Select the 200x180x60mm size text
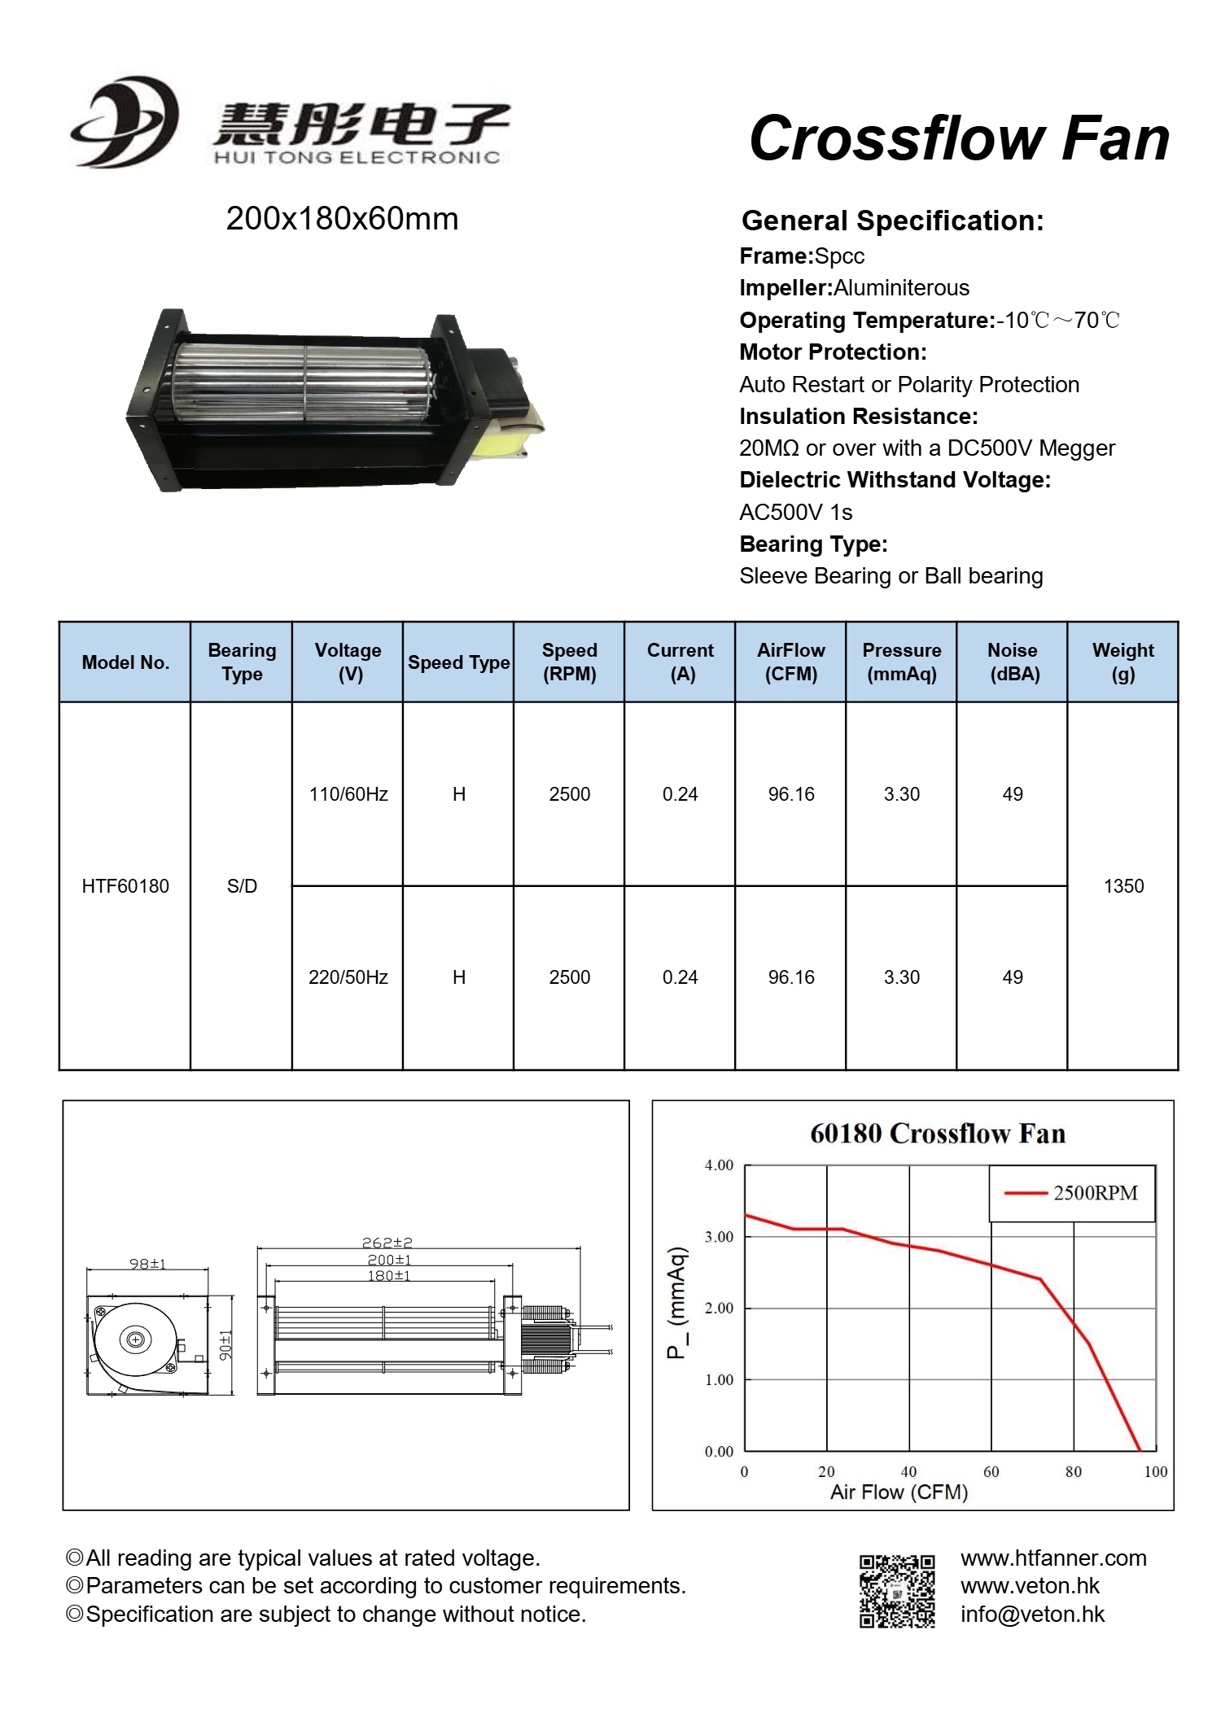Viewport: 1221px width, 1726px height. pyautogui.click(x=342, y=219)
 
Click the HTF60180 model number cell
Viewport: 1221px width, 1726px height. pyautogui.click(x=125, y=886)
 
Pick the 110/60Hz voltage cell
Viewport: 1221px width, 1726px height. pyautogui.click(x=348, y=794)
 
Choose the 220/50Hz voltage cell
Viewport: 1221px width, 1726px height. pyautogui.click(x=348, y=977)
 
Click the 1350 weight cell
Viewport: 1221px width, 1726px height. pyautogui.click(x=1123, y=886)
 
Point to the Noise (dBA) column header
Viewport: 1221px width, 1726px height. pyautogui.click(x=1013, y=662)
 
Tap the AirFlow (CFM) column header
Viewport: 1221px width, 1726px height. pyautogui.click(x=791, y=662)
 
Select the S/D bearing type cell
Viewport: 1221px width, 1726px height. pyautogui.click(x=242, y=886)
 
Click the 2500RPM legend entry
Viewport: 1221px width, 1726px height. pyautogui.click(x=1073, y=1193)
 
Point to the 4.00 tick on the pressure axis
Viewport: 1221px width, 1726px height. pyautogui.click(x=719, y=1165)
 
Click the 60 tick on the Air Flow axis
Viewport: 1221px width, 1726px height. pyautogui.click(x=991, y=1471)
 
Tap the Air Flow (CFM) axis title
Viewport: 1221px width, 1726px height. pyautogui.click(x=899, y=1492)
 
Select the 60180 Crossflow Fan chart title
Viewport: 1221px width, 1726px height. pyautogui.click(x=938, y=1134)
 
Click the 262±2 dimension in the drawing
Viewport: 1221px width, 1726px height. pyautogui.click(x=387, y=1243)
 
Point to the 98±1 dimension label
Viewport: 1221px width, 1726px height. pyautogui.click(x=147, y=1264)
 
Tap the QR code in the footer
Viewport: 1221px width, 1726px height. pyautogui.click(x=897, y=1591)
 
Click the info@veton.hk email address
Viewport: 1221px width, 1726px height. pyautogui.click(x=1032, y=1615)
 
